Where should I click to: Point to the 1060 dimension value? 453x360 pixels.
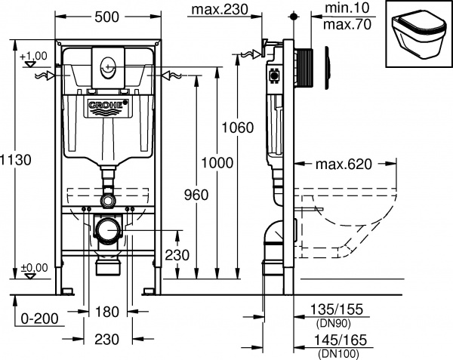237,128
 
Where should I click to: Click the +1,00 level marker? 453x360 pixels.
32,57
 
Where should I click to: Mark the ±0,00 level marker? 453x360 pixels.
33,266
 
